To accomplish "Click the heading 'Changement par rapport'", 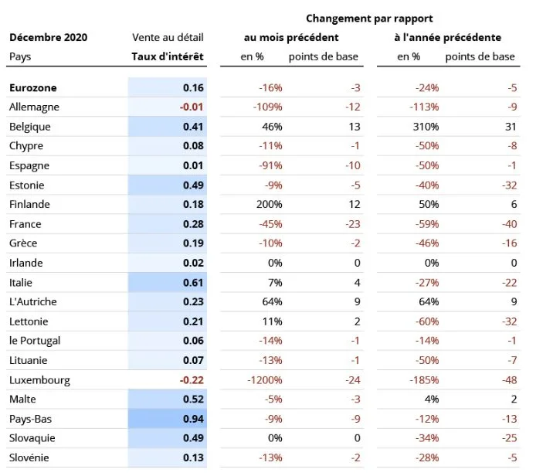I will (x=369, y=18).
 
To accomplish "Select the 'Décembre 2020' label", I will (x=48, y=37).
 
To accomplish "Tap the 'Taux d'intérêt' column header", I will (x=168, y=56).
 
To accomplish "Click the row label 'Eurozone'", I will (x=32, y=88).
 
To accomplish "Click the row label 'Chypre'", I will (x=26, y=146).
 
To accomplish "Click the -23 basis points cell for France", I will (x=354, y=224).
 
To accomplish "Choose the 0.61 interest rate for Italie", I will (x=193, y=283).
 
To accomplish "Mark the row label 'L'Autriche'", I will (x=32, y=302).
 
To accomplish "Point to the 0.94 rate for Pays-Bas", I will (x=193, y=419).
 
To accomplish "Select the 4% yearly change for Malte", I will (x=431, y=399).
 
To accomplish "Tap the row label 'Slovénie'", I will (x=29, y=457).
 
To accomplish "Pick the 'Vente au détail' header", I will (x=168, y=37).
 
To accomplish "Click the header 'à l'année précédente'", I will (x=446, y=37).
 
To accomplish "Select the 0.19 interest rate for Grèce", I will (x=193, y=243).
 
